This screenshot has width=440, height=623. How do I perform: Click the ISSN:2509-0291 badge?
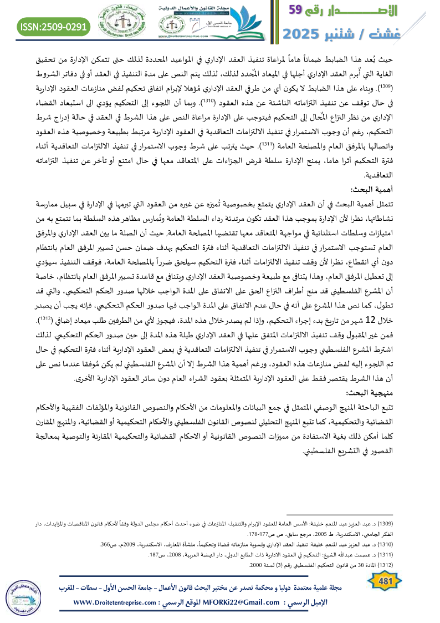[x=53, y=26]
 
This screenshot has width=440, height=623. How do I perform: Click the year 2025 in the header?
[x=306, y=33]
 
